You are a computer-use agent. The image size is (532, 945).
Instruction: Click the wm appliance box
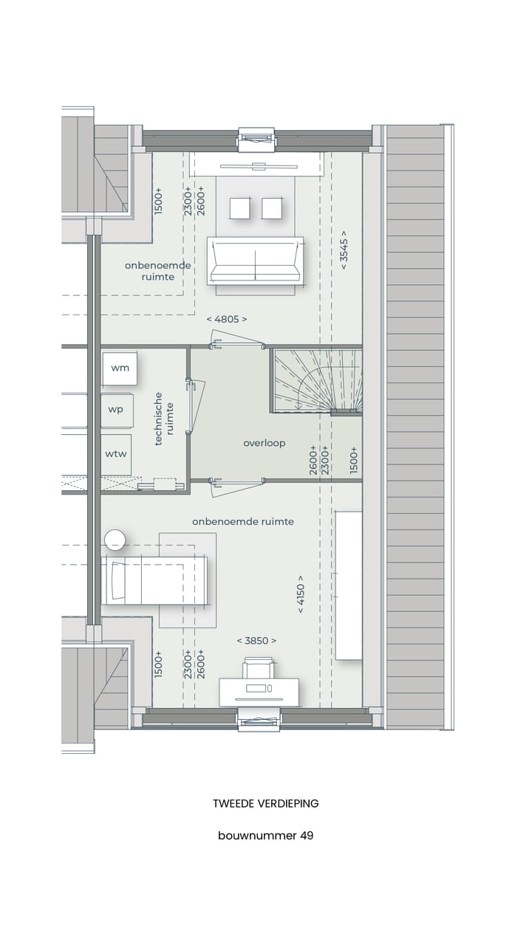coord(120,368)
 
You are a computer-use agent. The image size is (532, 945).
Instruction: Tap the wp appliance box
coord(117,410)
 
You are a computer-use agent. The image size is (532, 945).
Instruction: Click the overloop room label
coord(265,443)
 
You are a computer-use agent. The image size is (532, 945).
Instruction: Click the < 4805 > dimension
coord(227,319)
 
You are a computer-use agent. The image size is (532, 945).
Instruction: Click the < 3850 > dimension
coord(256,641)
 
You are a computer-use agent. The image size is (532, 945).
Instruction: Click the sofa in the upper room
coord(255,261)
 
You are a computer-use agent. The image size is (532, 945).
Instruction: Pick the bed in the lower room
coord(155,580)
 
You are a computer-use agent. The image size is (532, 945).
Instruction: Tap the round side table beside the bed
coord(115,540)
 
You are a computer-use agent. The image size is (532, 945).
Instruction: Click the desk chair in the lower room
coord(258,668)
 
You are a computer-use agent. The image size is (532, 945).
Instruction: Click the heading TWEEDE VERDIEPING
coord(265,803)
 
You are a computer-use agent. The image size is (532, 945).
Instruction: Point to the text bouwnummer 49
coord(265,836)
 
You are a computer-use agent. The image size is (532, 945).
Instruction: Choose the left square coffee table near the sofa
coord(240,208)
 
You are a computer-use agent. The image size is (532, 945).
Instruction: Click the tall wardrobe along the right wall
coord(349,585)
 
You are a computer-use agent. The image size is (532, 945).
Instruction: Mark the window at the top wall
coord(256,138)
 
